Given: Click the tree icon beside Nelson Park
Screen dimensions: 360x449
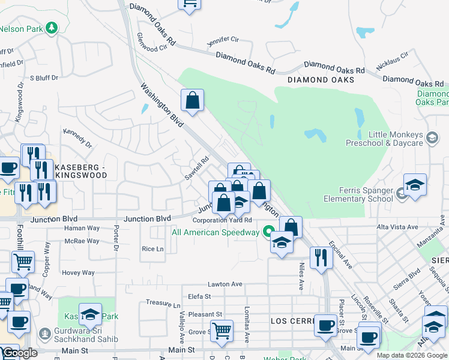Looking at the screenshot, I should [52, 28].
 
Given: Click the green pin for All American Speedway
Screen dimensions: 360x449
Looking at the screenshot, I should [268, 232].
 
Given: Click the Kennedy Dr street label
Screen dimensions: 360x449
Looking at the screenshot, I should [77, 137].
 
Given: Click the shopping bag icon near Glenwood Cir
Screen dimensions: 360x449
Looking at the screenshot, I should [193, 103].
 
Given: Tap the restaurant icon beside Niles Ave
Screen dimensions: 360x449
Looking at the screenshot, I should [321, 258].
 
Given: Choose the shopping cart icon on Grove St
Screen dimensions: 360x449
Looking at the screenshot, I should [221, 331].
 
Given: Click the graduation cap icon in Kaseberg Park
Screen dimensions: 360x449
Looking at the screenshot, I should [90, 315].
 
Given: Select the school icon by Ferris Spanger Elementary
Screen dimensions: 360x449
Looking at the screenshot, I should [415, 187].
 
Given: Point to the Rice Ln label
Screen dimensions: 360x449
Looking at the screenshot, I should [152, 249].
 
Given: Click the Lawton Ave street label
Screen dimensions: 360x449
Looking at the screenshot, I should [224, 284].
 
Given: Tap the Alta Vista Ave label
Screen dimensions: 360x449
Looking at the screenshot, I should [397, 227].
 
